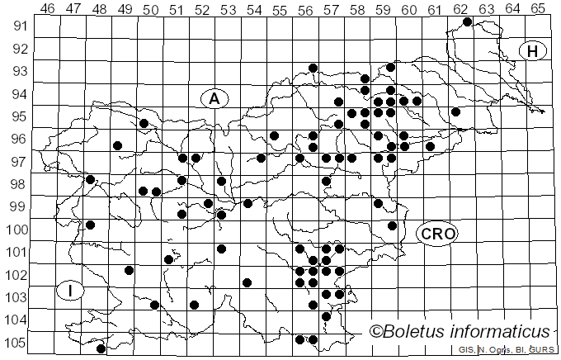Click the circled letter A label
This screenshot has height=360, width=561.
click(214, 98)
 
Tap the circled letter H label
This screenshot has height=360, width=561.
click(533, 51)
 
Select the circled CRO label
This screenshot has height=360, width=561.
click(436, 234)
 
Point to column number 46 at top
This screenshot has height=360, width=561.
click(47, 8)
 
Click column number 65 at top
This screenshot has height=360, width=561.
click(538, 8)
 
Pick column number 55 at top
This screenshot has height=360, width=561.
click(280, 8)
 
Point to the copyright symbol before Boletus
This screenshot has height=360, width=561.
click(375, 332)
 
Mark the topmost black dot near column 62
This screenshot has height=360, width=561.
click(467, 21)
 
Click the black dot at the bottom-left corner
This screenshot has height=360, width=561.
click(101, 349)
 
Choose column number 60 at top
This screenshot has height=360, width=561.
click(409, 8)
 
